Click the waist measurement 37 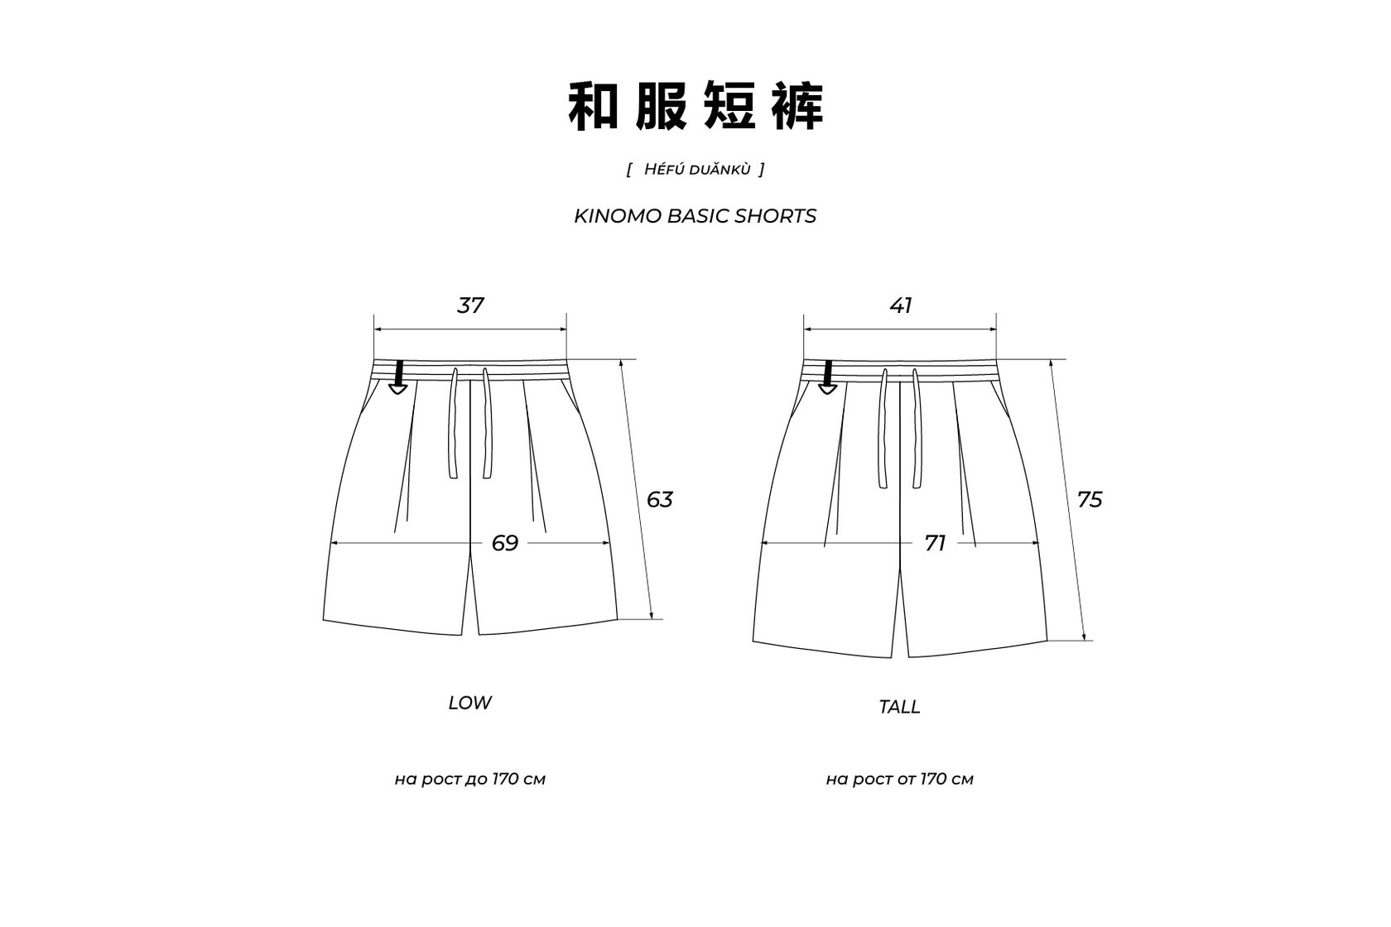coord(470,305)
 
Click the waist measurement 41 coord(901,305)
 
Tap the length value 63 coord(659,499)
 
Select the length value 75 coord(1090,499)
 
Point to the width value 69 coord(504,543)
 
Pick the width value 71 coord(935,543)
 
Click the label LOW coord(469,703)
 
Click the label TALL coord(899,707)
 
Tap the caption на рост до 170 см coord(469,779)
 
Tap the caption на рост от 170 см coord(899,779)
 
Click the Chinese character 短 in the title coord(729,107)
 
